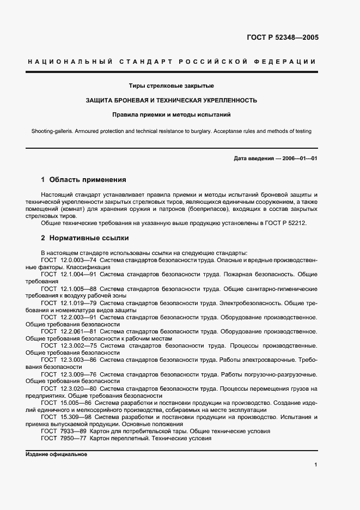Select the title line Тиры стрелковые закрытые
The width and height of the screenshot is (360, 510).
click(x=171, y=86)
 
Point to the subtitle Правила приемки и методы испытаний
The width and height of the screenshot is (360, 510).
click(x=172, y=114)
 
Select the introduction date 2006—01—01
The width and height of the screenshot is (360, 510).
click(x=300, y=159)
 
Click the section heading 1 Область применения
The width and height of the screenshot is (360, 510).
click(x=83, y=179)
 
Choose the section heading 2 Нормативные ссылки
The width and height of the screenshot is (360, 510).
click(x=85, y=238)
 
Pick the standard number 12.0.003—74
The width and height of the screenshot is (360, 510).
click(x=77, y=260)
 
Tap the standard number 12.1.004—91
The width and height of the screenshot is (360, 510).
click(x=77, y=274)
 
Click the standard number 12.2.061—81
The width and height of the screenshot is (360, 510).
click(x=77, y=331)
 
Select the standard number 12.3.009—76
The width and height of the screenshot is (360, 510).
click(x=77, y=374)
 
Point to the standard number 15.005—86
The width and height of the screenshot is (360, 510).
click(x=74, y=402)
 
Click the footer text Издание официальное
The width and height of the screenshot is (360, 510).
click(x=56, y=454)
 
